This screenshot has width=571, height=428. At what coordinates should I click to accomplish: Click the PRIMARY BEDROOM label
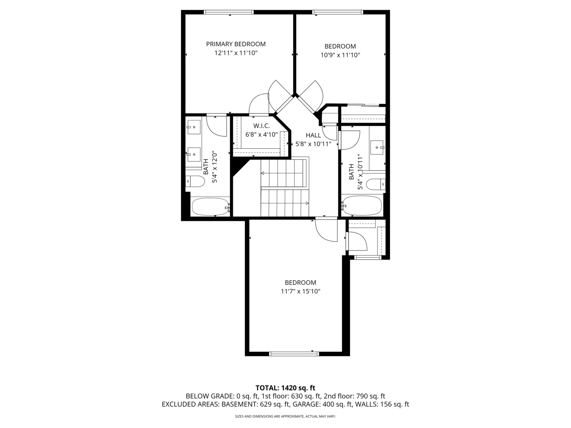click(236, 44)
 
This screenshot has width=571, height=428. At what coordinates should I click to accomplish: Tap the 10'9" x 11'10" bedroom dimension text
click(340, 55)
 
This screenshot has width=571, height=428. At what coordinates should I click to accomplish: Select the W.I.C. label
click(261, 126)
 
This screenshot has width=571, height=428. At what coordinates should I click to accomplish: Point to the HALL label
click(313, 135)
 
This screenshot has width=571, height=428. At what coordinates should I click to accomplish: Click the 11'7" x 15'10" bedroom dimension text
click(301, 291)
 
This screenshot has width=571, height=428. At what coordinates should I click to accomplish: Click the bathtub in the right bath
click(362, 205)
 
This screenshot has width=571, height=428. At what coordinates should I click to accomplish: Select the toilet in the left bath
click(195, 182)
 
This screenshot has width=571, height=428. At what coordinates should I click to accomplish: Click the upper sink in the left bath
click(194, 127)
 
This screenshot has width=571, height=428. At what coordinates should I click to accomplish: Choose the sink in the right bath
click(377, 147)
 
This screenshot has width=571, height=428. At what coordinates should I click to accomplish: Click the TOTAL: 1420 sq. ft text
click(285, 388)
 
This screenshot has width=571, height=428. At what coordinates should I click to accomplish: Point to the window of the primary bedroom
click(229, 12)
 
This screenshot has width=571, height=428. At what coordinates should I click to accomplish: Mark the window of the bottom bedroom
click(293, 353)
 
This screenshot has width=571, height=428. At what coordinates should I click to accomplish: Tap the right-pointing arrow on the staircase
click(307, 203)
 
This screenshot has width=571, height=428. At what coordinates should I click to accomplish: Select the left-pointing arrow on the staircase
click(263, 173)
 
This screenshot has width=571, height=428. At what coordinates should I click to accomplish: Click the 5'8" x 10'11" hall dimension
click(313, 144)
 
